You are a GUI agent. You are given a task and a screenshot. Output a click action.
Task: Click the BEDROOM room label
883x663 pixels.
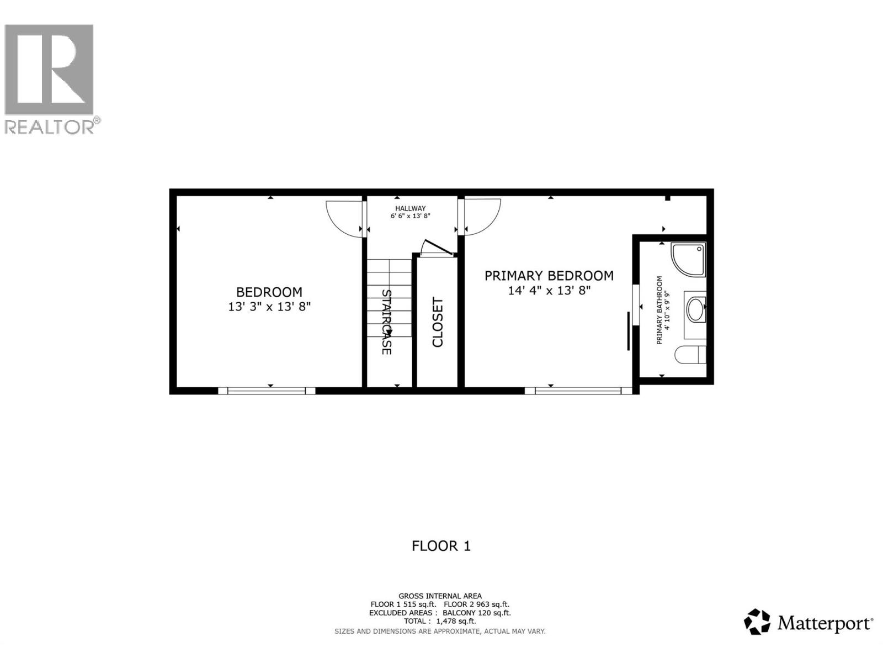pyautogui.click(x=269, y=292)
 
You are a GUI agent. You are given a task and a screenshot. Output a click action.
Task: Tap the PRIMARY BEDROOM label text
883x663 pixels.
pyautogui.click(x=549, y=275)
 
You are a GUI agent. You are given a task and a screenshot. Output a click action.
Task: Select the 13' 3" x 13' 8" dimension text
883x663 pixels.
pyautogui.click(x=269, y=307)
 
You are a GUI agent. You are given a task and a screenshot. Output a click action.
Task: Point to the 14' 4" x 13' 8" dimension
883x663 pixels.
pyautogui.click(x=549, y=291)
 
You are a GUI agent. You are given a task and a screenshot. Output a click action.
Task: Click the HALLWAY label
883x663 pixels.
pyautogui.click(x=410, y=208)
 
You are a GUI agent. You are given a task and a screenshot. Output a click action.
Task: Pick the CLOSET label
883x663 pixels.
pyautogui.click(x=438, y=322)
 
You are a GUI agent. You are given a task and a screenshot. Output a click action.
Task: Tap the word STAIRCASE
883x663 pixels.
pyautogui.click(x=386, y=322)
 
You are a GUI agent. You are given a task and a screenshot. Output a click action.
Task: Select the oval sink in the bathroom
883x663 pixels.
pyautogui.click(x=696, y=310)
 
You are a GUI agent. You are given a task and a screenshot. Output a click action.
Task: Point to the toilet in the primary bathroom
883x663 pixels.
pyautogui.click(x=690, y=354)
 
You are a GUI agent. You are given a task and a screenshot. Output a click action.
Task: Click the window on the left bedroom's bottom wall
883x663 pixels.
pyautogui.click(x=267, y=391)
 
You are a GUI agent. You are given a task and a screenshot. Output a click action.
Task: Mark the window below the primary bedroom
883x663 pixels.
pyautogui.click(x=578, y=391)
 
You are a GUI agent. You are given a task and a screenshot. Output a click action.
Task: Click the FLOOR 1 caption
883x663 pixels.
pyautogui.click(x=441, y=546)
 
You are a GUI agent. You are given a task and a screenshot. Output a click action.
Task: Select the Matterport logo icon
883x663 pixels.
pyautogui.click(x=757, y=622)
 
